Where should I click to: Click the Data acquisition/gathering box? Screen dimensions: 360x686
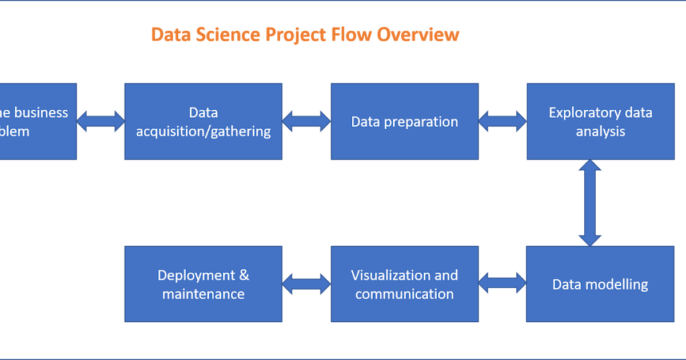pyautogui.click(x=203, y=121)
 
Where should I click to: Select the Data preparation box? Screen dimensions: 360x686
pyautogui.click(x=404, y=121)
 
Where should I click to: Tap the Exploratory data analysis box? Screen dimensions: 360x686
pyautogui.click(x=600, y=121)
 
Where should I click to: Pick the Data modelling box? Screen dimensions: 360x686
pyautogui.click(x=600, y=284)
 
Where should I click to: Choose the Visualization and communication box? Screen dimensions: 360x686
pyautogui.click(x=404, y=284)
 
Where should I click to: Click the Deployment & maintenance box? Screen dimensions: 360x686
pyautogui.click(x=203, y=284)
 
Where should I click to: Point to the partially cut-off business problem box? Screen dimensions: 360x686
pyautogui.click(x=37, y=121)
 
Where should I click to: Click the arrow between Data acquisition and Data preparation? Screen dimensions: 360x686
pyautogui.click(x=306, y=121)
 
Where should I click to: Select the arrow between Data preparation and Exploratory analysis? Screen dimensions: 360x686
pyautogui.click(x=502, y=121)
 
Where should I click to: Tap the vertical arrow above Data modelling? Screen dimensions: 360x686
pyautogui.click(x=590, y=203)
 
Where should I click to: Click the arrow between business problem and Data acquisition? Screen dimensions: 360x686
pyautogui.click(x=101, y=121)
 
